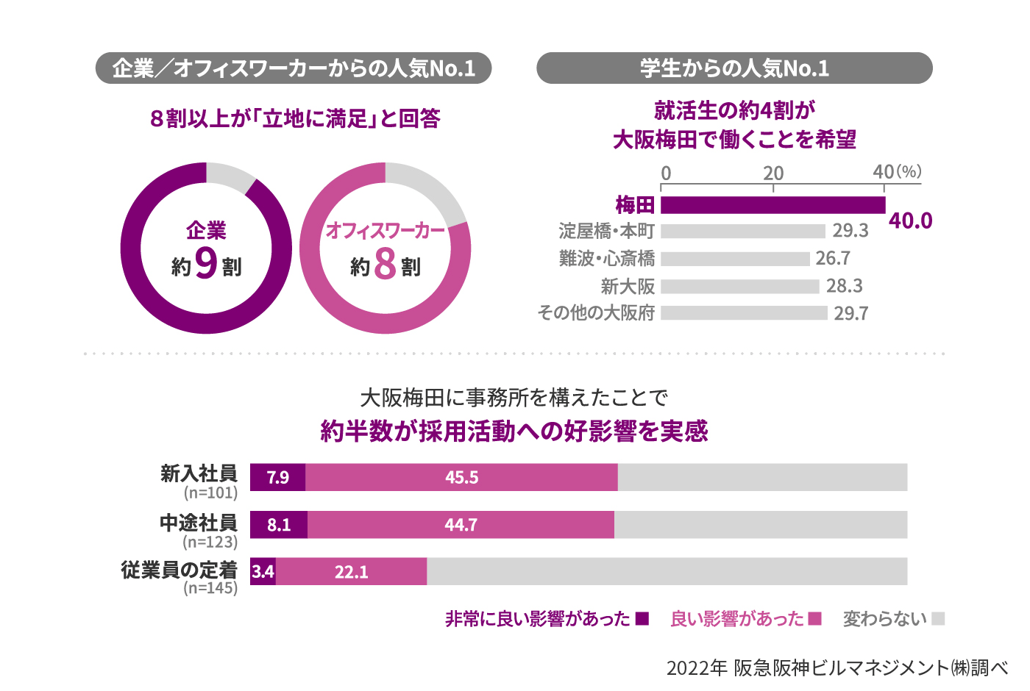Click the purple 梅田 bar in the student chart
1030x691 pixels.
(772, 205)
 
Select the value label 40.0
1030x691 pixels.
(910, 221)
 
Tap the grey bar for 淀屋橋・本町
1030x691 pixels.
(742, 232)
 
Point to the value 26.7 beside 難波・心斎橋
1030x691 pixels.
(833, 259)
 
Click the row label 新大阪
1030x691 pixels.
(628, 287)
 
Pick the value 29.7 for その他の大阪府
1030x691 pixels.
(850, 314)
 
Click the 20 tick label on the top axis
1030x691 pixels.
(773, 173)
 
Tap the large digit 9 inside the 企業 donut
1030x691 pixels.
(207, 263)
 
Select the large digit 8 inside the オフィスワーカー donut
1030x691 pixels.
(385, 264)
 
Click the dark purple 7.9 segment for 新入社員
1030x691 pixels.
(277, 478)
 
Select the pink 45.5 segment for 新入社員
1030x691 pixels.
(461, 478)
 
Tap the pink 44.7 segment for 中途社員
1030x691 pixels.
(461, 525)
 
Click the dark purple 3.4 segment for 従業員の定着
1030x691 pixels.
(263, 572)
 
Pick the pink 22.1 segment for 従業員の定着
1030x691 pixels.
(352, 572)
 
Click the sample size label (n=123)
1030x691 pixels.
(210, 542)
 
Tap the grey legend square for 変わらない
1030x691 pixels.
(937, 619)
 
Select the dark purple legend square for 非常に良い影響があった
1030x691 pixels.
(642, 619)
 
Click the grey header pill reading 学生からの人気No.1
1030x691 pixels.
(734, 68)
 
